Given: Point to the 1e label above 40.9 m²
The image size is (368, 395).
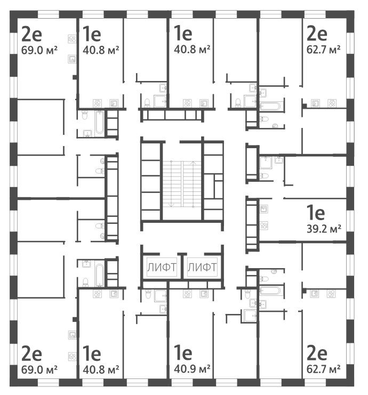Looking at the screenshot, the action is [183, 353].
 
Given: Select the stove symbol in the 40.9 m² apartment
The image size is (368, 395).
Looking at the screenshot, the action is [187, 293].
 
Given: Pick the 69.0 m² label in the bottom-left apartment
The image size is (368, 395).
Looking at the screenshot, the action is [40, 368].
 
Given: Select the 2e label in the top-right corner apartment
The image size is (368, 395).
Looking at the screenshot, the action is [316, 35].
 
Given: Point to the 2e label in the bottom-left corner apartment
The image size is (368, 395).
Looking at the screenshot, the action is [32, 353].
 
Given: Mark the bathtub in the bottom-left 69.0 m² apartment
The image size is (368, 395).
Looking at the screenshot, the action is [99, 273].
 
